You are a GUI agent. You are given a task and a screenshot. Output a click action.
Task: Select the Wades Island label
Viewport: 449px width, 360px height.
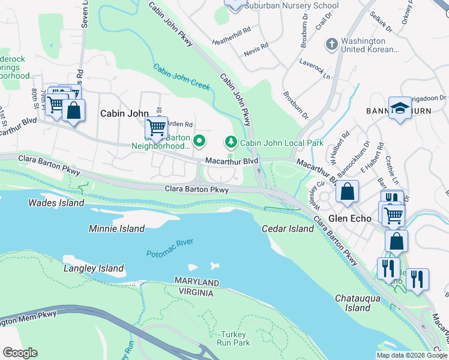56,203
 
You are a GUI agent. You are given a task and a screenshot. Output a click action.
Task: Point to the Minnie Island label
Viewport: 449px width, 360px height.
116,229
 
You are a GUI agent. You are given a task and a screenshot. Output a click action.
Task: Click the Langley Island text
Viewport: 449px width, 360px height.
94,269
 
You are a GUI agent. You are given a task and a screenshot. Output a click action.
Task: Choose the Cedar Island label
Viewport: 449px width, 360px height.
288,229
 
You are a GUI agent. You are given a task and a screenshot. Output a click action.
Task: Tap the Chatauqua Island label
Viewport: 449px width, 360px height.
352,303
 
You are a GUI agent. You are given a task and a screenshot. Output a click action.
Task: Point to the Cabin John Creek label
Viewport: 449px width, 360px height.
181,77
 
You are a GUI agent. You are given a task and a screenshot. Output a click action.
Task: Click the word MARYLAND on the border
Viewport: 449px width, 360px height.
197,282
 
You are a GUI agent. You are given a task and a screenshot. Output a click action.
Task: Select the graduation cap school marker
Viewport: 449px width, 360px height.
400,108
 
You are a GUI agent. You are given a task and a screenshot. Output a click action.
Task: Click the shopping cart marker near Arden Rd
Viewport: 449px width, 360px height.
156,127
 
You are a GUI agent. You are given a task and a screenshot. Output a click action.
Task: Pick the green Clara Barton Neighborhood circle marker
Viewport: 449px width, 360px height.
199,142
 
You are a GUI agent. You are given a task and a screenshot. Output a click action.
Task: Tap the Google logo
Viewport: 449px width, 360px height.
20,352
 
